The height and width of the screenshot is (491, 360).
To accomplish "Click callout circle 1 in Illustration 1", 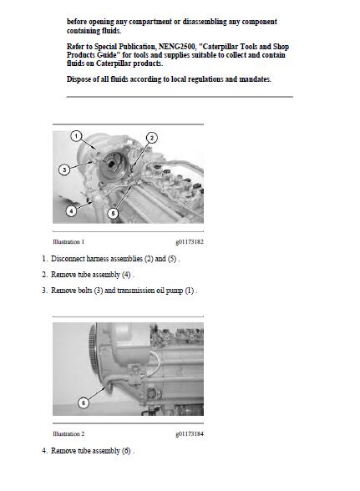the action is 76,136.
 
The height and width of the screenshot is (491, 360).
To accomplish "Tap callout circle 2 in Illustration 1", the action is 152,138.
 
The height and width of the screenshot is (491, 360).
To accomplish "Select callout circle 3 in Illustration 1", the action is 64,170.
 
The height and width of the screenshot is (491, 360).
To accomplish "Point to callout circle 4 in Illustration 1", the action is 71,210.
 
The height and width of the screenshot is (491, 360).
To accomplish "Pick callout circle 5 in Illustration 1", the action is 113,214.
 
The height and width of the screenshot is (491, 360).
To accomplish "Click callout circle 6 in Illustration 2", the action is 83,402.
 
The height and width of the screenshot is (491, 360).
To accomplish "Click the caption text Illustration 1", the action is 68,242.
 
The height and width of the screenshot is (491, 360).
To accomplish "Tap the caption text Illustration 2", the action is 68,433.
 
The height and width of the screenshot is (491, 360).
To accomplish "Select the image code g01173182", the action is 190,242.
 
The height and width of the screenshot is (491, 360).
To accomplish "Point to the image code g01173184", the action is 190,434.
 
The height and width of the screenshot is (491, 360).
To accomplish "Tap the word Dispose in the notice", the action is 79,79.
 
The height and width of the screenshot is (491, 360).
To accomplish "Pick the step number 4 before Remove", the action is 45,451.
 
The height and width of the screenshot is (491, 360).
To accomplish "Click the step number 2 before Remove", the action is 45,275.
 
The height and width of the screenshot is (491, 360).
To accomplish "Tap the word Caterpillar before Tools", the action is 221,47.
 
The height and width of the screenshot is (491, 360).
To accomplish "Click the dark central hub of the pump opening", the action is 111,163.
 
